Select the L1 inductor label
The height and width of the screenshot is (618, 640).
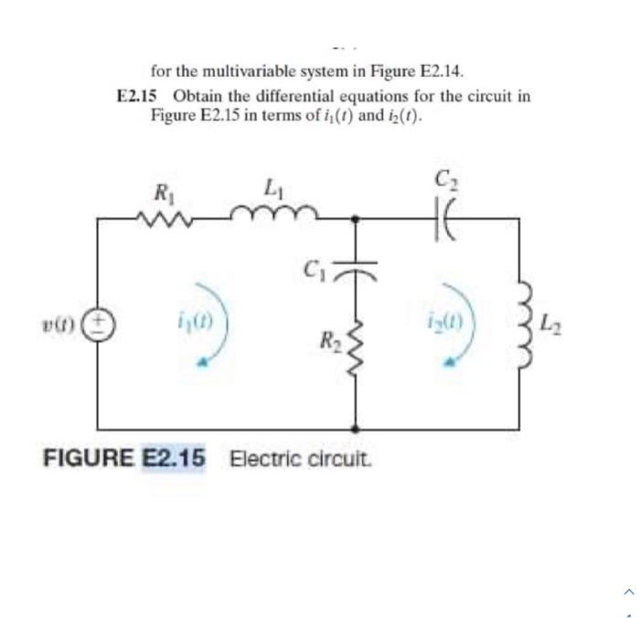coord(271,191)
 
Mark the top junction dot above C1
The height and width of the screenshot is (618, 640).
coord(356,218)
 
